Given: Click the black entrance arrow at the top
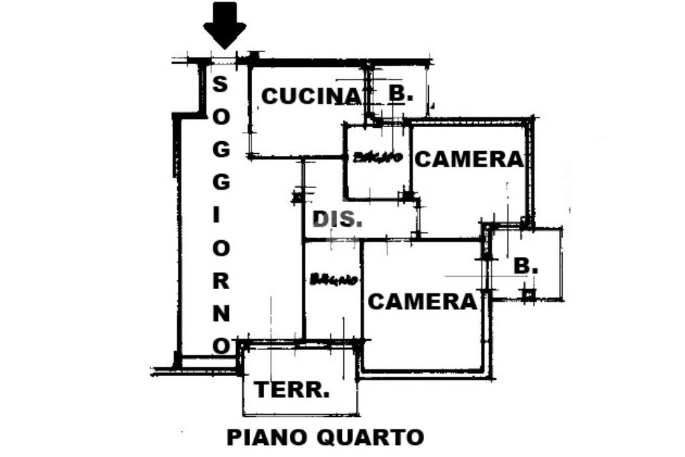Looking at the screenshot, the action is click(x=224, y=24).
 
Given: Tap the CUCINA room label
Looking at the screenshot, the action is click(x=310, y=96).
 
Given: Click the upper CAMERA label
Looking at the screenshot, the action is click(x=468, y=159).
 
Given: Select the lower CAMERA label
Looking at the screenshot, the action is click(x=423, y=302).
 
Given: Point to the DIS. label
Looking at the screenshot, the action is click(x=338, y=219).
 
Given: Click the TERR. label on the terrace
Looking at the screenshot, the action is click(x=292, y=389).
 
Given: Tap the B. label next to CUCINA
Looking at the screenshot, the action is click(x=400, y=94).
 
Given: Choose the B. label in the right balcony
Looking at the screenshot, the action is click(x=526, y=266).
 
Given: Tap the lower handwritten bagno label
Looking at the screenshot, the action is click(x=332, y=280).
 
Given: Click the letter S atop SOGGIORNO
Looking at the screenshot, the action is click(x=220, y=84).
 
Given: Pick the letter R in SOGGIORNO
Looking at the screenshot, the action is click(x=221, y=280).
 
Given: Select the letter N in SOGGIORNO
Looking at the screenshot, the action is click(x=221, y=312).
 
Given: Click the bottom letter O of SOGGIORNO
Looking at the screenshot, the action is click(x=221, y=345).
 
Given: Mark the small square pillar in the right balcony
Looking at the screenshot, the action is click(x=528, y=292).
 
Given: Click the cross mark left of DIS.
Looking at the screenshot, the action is click(x=297, y=197).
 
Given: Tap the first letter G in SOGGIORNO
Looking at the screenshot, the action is click(x=221, y=150).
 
